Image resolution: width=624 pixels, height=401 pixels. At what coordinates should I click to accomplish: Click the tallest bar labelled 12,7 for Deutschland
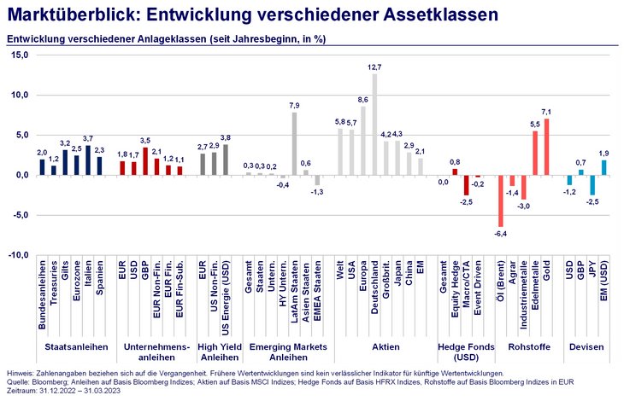[x=374, y=125]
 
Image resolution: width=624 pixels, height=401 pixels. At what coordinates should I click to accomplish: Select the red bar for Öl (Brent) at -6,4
[x=500, y=200]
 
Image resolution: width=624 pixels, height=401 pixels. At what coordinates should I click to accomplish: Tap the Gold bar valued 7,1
[x=546, y=147]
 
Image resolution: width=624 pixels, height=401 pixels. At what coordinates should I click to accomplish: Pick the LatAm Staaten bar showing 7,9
[x=295, y=143]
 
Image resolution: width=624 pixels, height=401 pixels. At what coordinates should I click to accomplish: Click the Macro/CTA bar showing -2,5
[x=467, y=185]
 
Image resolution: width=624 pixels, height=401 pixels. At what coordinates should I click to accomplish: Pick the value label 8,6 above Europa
[x=362, y=100]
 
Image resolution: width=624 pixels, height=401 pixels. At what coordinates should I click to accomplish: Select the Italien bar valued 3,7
[x=88, y=160]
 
